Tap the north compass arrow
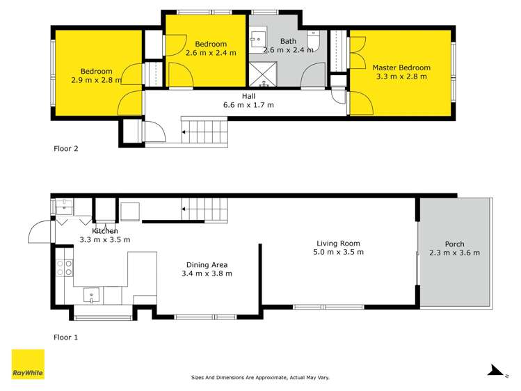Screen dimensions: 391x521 point(495,371)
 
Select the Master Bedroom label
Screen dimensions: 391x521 point(401,67)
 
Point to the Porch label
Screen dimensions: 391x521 point(455,244)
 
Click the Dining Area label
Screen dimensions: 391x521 point(207,264)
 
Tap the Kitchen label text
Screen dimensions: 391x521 point(102,231)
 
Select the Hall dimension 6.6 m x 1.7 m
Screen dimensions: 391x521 point(248,105)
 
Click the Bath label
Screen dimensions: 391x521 point(287,41)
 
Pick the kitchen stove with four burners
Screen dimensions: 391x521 point(64,268)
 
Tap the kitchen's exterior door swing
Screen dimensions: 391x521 point(40,231)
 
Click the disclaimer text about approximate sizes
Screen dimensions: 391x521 point(260,377)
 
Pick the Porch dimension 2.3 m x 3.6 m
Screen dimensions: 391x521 point(455,253)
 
